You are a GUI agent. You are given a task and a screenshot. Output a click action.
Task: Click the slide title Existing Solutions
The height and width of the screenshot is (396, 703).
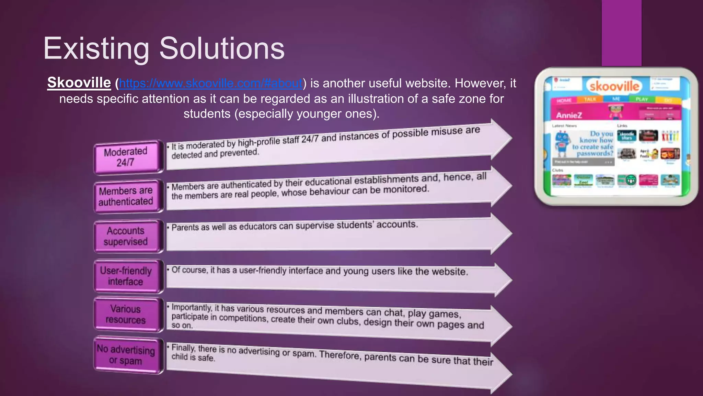(164, 48)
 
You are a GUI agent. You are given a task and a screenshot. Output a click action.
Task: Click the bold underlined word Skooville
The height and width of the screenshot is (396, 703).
(79, 83)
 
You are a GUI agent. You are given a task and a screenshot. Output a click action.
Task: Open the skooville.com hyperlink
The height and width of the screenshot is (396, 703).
(210, 83)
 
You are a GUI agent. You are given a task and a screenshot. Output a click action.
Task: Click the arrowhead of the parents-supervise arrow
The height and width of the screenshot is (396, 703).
(501, 234)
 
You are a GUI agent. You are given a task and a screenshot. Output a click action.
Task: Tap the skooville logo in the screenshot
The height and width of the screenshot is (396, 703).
(614, 86)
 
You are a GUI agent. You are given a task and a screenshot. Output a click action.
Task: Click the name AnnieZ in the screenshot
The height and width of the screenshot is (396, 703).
(569, 115)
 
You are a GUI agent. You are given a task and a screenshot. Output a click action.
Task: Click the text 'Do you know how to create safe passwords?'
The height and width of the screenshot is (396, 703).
(593, 143)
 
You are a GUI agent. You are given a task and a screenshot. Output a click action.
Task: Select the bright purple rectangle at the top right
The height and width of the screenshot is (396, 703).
(621, 33)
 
